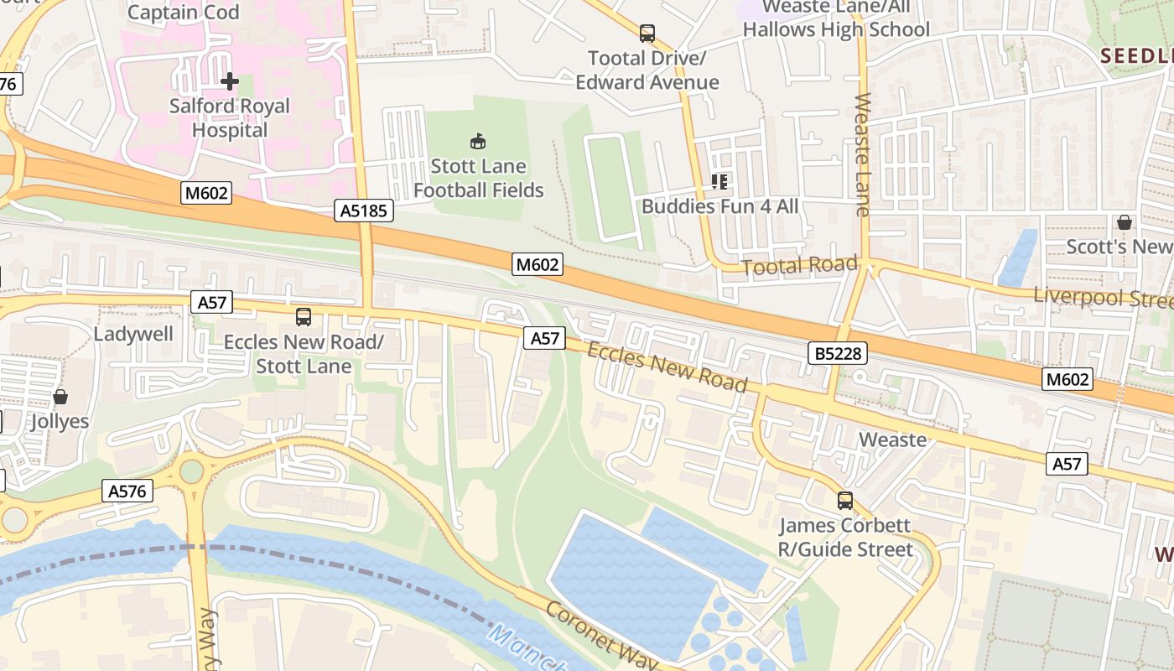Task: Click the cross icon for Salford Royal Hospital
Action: (229, 81)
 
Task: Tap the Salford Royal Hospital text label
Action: (229, 118)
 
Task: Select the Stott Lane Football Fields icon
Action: (478, 141)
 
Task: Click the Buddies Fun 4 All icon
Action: (719, 181)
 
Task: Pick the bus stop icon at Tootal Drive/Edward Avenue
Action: (647, 34)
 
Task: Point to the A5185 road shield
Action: (365, 211)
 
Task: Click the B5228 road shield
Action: (838, 353)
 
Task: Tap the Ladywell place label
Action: (133, 334)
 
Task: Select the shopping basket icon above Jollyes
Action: (60, 397)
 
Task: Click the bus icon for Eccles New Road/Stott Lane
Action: (304, 317)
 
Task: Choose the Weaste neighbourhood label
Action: (893, 440)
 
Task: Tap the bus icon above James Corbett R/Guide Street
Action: (844, 501)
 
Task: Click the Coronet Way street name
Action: (601, 636)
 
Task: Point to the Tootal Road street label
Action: (800, 266)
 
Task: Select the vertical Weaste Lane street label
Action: (863, 154)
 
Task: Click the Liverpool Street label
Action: (1103, 298)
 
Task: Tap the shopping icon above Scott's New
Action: (1124, 222)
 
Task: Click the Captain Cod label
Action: (183, 12)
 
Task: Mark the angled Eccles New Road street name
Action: (667, 367)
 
